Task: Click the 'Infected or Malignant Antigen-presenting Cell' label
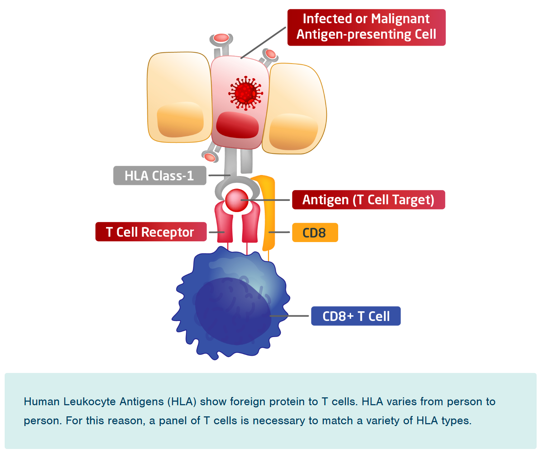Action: (366, 27)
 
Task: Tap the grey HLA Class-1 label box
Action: (159, 176)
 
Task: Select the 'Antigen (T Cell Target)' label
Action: (368, 200)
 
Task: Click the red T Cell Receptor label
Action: (150, 232)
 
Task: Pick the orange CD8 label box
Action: (315, 233)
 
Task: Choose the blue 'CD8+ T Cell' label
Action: (355, 316)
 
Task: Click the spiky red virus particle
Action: (245, 93)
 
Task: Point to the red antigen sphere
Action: (236, 200)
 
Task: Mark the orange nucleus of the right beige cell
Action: (293, 132)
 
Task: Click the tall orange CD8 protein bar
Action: (269, 212)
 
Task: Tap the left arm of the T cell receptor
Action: (224, 224)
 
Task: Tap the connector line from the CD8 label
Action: (279, 232)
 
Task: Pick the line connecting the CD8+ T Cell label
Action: (289, 316)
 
